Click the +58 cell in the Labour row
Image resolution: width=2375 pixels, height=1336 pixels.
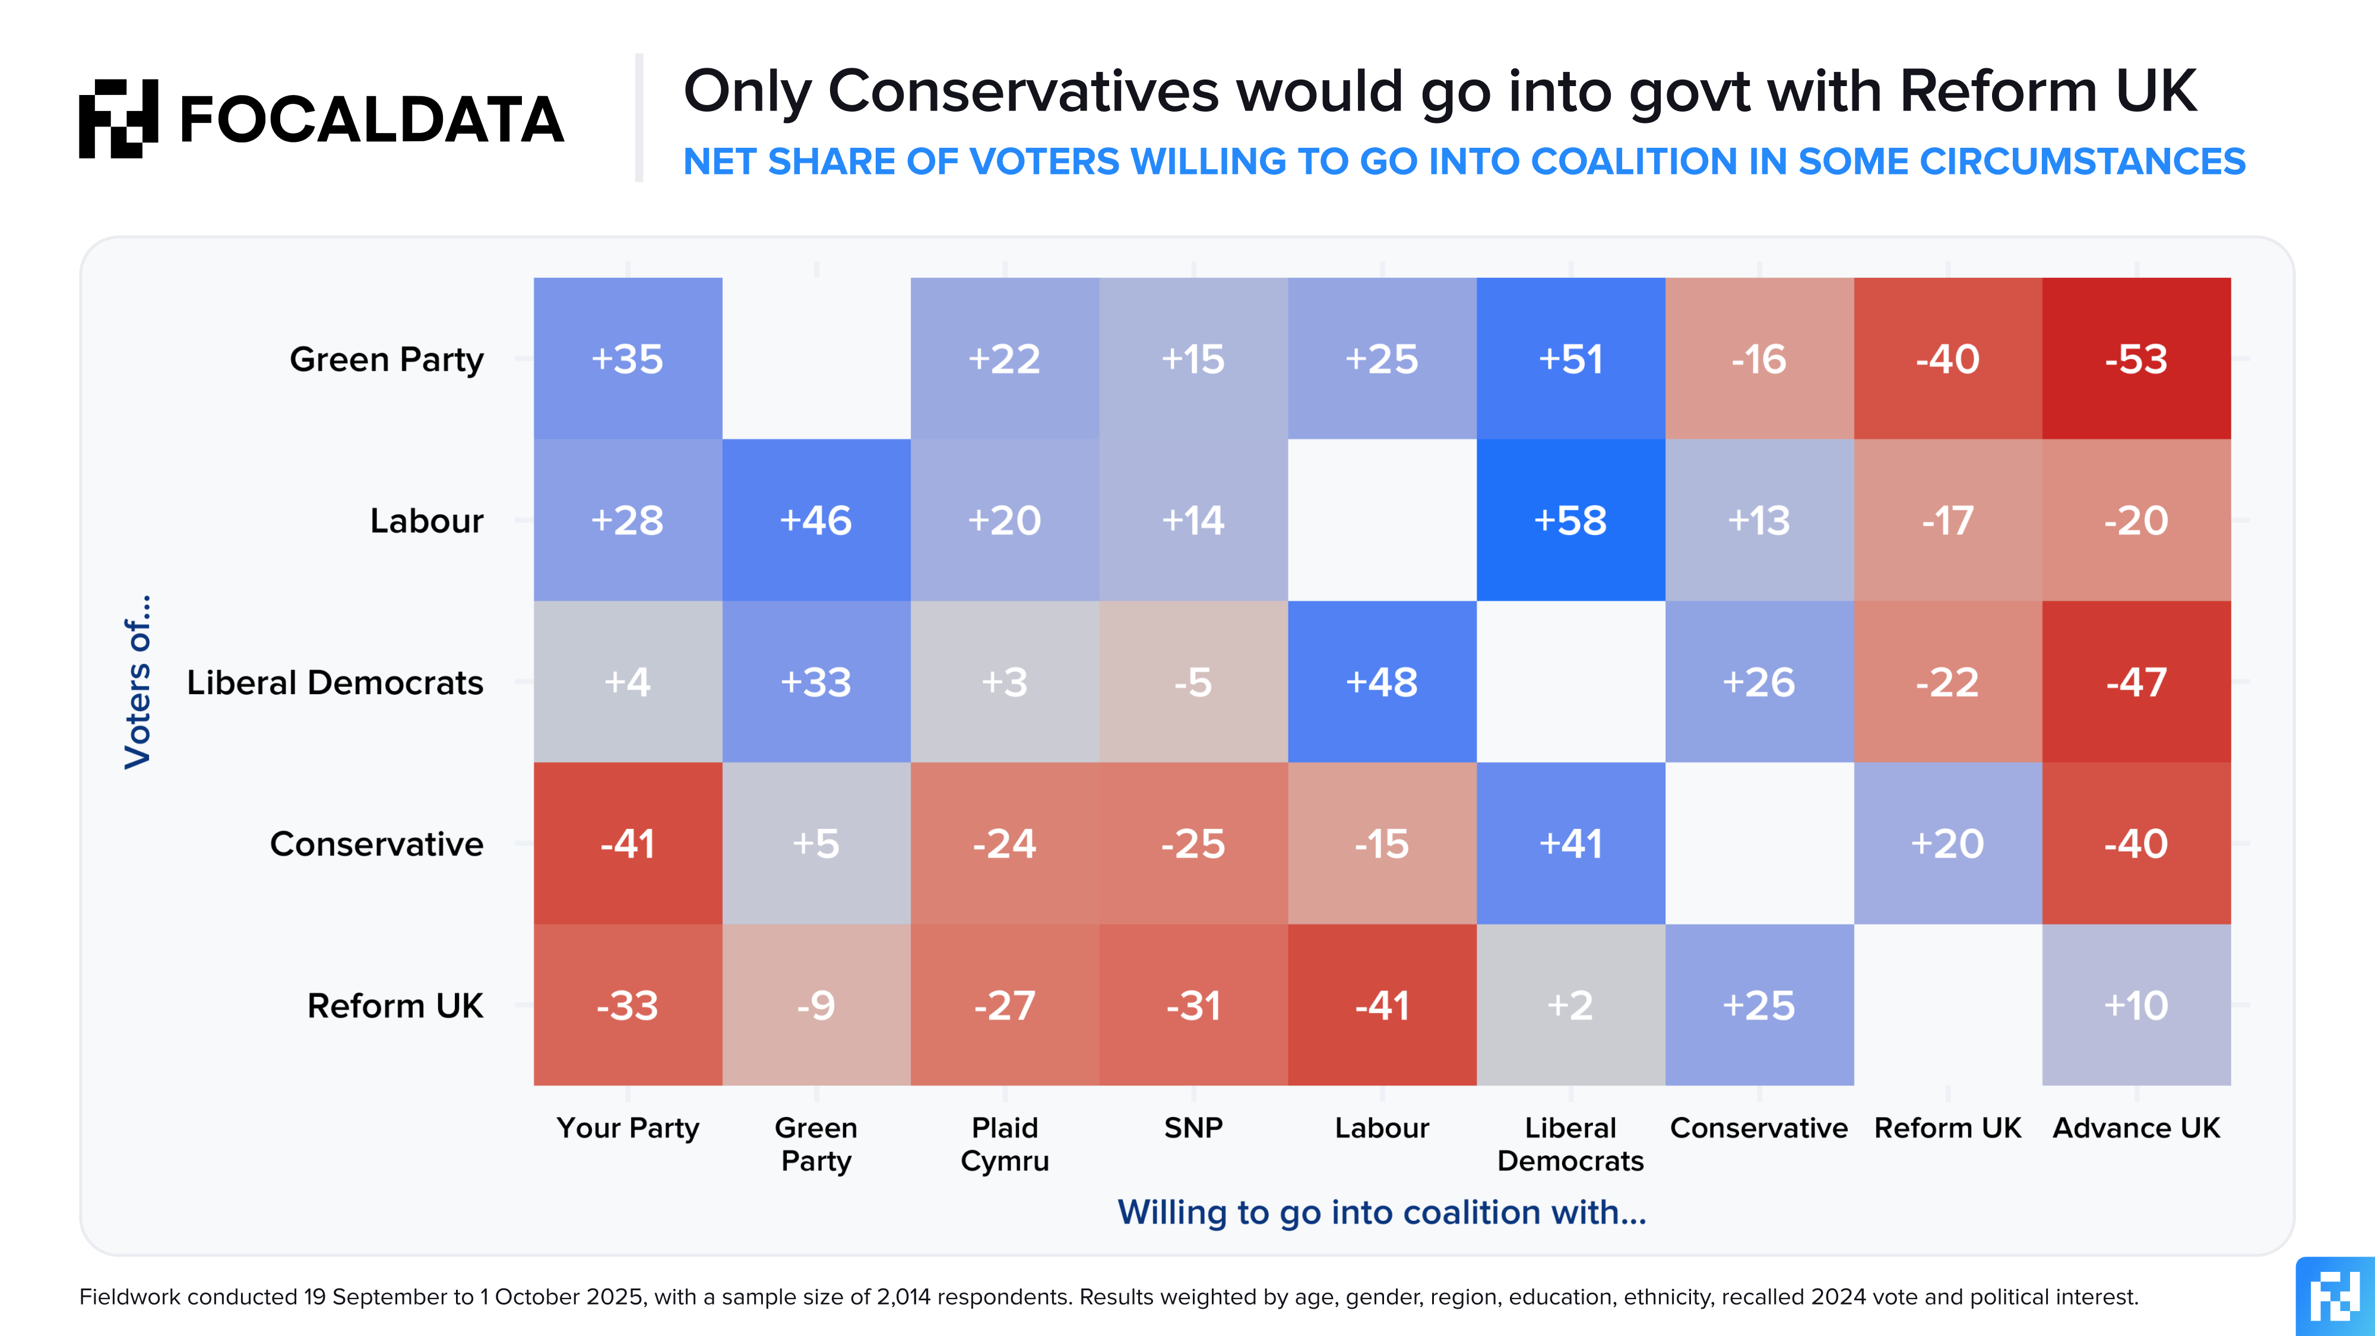1570,520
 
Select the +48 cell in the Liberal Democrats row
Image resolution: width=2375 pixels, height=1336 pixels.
1381,682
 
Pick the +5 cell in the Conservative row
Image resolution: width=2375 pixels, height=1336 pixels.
816,844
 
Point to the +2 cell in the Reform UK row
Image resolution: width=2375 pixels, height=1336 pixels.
1570,1005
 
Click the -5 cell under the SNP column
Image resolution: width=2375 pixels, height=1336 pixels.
1193,682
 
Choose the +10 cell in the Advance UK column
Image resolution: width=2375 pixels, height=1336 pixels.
2136,1005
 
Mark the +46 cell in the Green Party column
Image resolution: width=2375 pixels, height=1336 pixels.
816,520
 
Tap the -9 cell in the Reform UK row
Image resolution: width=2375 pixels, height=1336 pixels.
816,1005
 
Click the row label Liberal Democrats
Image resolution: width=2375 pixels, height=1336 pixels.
335,682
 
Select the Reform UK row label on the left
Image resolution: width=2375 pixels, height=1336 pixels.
395,1005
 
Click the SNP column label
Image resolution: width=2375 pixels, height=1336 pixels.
1193,1128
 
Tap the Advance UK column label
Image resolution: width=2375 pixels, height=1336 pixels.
2136,1128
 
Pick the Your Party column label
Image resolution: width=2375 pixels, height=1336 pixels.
628,1128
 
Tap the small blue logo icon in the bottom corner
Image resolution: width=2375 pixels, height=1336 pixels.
2335,1296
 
